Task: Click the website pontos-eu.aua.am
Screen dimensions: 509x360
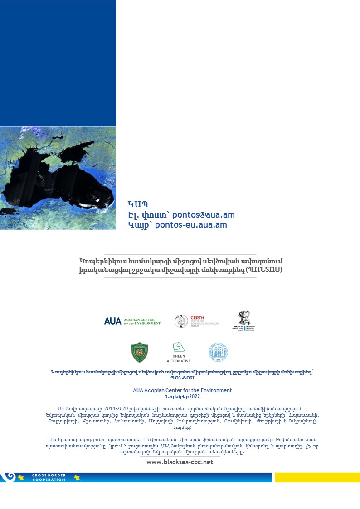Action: click(x=191, y=225)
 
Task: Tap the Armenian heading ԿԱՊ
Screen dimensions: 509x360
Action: click(x=138, y=204)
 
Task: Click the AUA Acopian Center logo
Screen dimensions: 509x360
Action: click(x=132, y=321)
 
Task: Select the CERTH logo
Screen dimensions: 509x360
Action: click(x=197, y=321)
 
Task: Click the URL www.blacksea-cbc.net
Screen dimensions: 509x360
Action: click(x=180, y=462)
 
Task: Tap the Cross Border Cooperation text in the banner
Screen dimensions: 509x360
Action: click(x=49, y=477)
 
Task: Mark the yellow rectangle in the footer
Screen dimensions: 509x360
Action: click(x=317, y=477)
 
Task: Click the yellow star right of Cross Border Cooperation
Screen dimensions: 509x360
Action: click(x=77, y=477)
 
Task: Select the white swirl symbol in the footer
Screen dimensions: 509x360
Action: click(x=8, y=476)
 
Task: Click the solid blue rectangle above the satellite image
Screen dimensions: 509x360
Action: click(x=58, y=63)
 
